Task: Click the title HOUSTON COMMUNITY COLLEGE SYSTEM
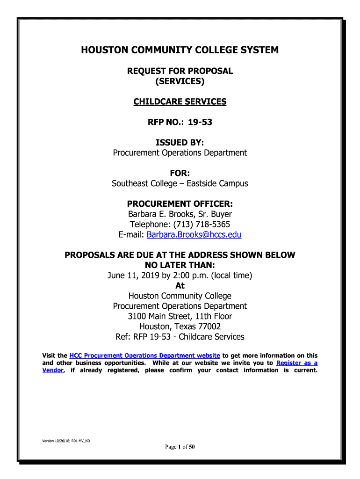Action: point(180,50)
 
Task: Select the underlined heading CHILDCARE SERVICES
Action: point(180,102)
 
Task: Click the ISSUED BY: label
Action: point(180,143)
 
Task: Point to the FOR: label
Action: point(180,174)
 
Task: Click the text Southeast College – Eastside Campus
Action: point(180,184)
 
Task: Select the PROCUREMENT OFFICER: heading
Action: point(180,204)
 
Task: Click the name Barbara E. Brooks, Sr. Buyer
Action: point(180,214)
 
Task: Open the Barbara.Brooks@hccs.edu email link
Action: point(194,235)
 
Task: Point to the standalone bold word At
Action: point(180,286)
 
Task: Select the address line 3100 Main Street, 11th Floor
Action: point(180,316)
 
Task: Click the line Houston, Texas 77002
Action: point(180,327)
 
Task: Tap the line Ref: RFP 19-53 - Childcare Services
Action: point(180,337)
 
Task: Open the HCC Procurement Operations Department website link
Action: point(144,356)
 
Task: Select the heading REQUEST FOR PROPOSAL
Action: point(180,71)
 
